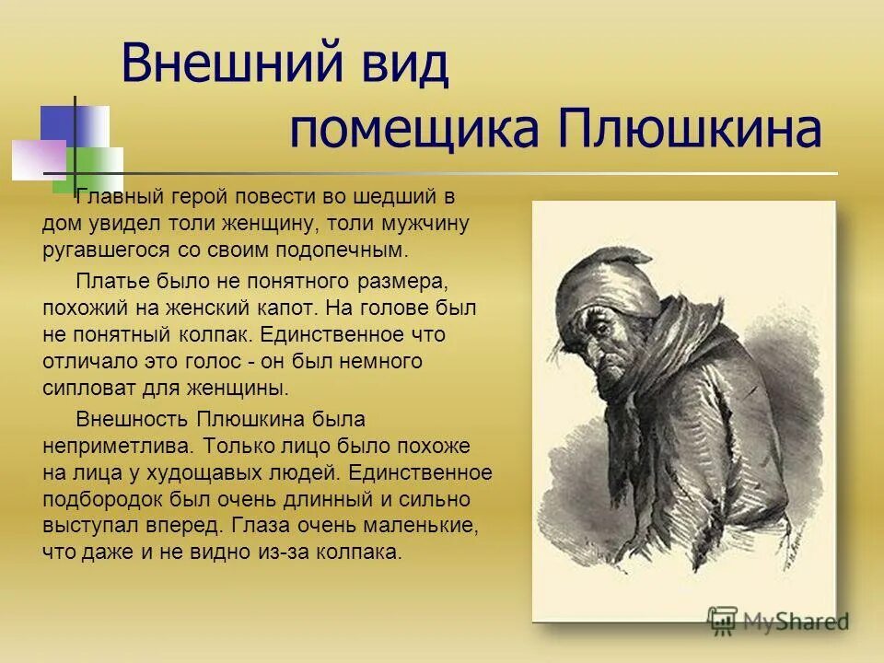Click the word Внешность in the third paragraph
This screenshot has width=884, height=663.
click(131, 419)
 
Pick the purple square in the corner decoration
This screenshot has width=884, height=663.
click(37, 158)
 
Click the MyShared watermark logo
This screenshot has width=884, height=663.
click(777, 621)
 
